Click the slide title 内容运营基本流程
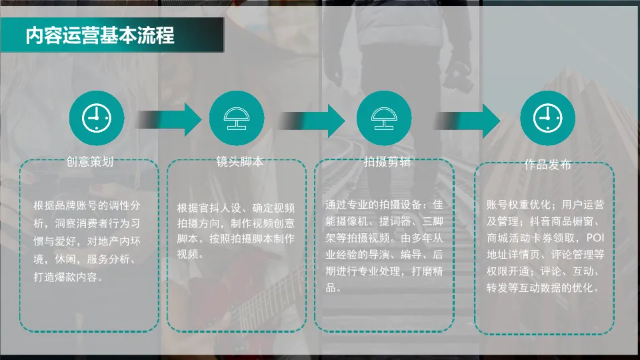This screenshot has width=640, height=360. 100,35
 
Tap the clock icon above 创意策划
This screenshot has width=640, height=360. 97,118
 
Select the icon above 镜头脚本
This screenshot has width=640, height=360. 237,118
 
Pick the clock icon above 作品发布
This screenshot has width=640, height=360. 547,118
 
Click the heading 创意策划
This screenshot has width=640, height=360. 90,162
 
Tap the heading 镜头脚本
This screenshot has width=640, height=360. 237,162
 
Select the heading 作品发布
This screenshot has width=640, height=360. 547,165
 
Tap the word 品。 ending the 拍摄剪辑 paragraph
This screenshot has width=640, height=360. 334,288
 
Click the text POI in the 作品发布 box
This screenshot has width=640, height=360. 595,237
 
